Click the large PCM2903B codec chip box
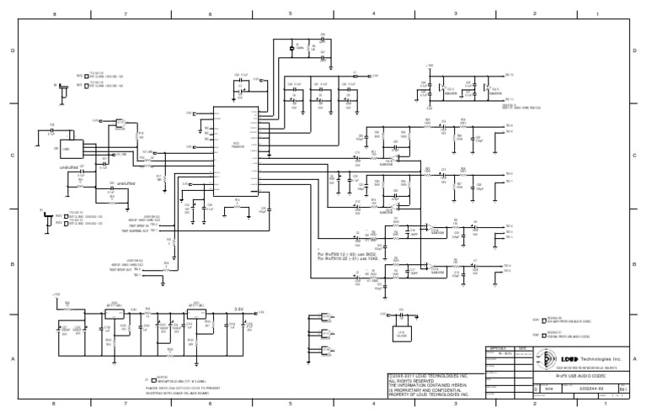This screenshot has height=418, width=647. coord(235,151)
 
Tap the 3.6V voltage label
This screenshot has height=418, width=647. coord(238,309)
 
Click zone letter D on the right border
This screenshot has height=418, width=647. coord(634,50)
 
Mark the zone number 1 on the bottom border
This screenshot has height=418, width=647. coord(596,405)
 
